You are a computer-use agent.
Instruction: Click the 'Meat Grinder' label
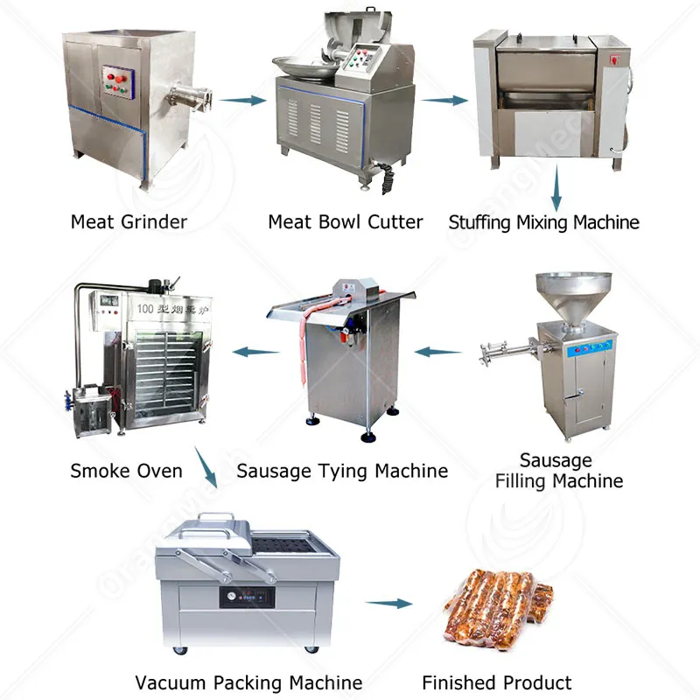[x=129, y=222]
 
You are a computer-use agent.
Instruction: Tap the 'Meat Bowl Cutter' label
[x=346, y=222]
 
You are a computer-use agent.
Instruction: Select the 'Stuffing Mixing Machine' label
[x=543, y=222]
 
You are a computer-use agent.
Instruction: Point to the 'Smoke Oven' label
[x=126, y=471]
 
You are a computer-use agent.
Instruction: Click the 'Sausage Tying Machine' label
[x=342, y=471]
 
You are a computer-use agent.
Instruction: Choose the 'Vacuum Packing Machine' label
[x=248, y=682]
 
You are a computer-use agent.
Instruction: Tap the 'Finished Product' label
[x=496, y=682]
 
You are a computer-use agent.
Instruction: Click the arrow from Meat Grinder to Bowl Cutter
[x=242, y=100]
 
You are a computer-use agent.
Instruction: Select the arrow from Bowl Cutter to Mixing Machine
[x=445, y=100]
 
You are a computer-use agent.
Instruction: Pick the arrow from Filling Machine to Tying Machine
[x=437, y=352]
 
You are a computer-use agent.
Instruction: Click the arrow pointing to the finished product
[x=388, y=604]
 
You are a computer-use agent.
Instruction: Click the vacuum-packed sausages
[x=499, y=604]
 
